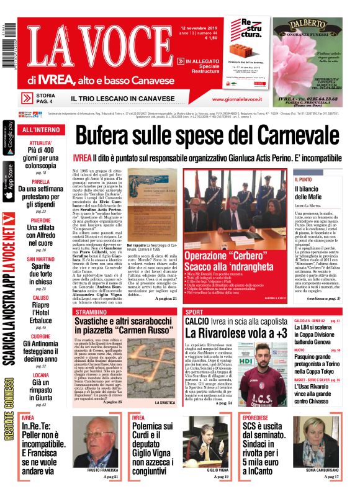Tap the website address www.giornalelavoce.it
point(235,99)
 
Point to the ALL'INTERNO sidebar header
point(40,130)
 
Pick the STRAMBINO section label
point(91,312)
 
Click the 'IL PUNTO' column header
point(304,179)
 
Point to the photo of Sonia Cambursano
point(320,444)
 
